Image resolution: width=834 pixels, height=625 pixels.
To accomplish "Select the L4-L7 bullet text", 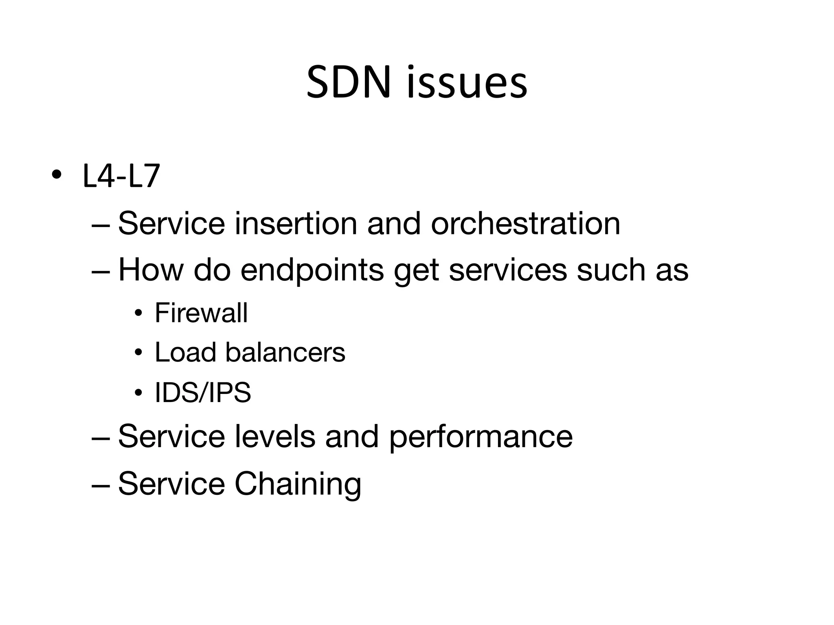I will pos(121,176).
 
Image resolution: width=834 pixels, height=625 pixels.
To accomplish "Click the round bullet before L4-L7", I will pos(57,175).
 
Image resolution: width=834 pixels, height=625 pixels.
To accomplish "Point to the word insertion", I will pos(296,223).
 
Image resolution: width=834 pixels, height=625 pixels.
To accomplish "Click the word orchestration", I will pos(525,223).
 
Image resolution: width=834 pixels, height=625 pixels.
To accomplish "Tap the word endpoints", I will pos(312,270).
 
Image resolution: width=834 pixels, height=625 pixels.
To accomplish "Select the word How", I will pos(151,270).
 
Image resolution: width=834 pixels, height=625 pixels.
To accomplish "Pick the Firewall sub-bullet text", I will pos(201,313).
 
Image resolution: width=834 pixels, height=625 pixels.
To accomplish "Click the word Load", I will pos(185,352).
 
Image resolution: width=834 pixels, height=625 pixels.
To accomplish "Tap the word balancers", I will pos(285,352).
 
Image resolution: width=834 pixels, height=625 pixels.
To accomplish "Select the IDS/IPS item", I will pos(203,393).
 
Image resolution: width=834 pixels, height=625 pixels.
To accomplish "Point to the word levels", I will pos(275,437).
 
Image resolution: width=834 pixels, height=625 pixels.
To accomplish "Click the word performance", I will pos(481,437).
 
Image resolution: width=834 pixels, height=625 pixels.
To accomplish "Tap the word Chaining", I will pos(298,484).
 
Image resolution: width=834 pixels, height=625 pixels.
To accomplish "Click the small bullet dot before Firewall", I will pos(139,313).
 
